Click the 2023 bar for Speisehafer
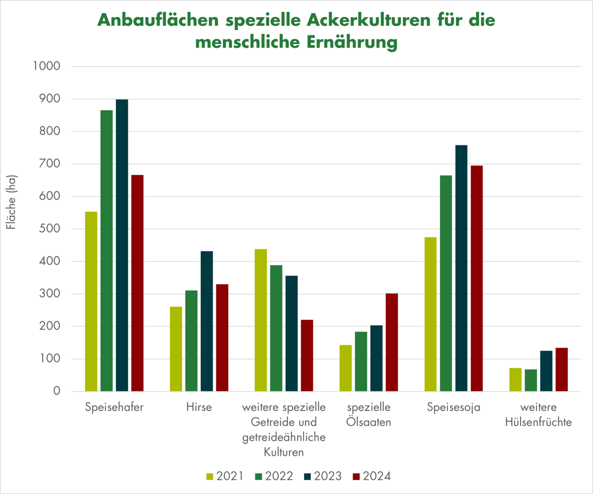pos(122,245)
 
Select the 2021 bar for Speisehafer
pos(91,301)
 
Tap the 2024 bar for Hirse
pos(222,338)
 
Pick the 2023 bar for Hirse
pos(207,321)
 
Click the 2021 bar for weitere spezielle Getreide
pos(261,320)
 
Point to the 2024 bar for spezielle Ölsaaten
pos(392,342)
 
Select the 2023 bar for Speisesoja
pos(461,268)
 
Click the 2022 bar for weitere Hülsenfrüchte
pos(531,380)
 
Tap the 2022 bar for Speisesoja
pos(446,283)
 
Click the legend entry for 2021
pos(225,476)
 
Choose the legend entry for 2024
pos(372,476)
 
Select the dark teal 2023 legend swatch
pos(308,476)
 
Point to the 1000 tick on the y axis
pos(46,66)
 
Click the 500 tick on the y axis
pos(50,229)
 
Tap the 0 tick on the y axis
pos(57,391)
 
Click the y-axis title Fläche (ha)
pos(11,202)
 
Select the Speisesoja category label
pos(454,407)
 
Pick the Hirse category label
pos(199,407)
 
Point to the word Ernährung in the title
pos(352,42)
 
